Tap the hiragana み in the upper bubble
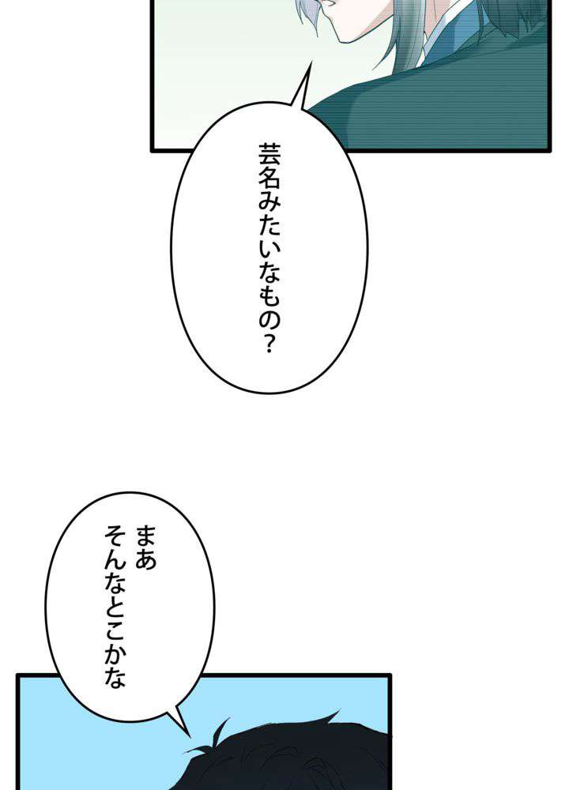(269, 207)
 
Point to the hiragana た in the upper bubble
(269, 235)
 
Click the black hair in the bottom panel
(300, 758)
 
